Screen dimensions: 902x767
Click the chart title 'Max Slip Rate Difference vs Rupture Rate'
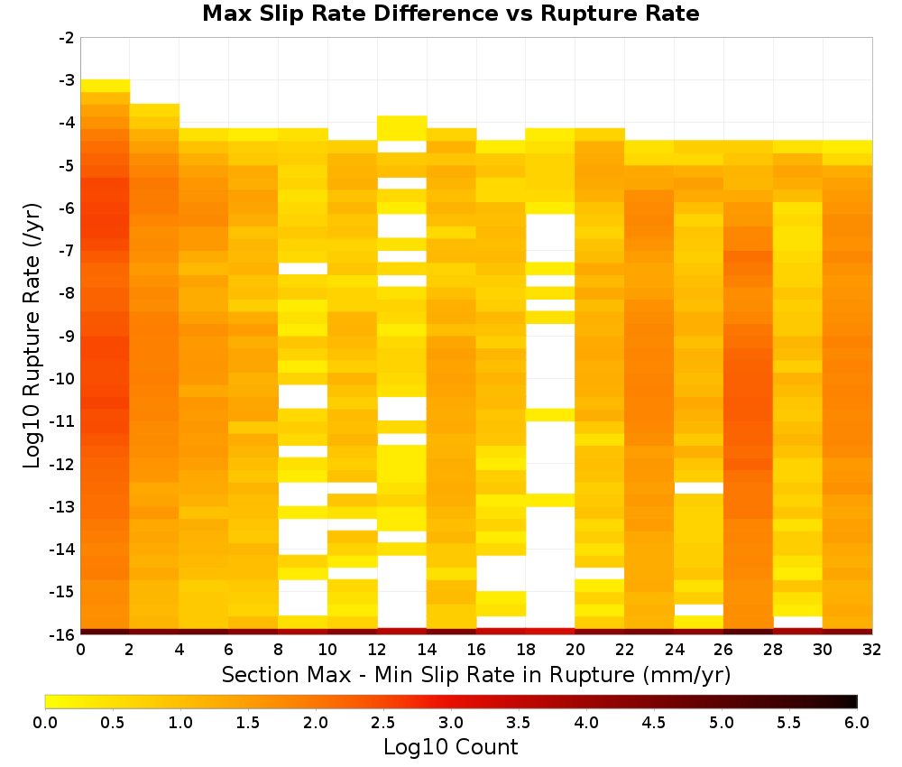tap(450, 14)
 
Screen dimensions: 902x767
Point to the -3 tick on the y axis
tap(67, 80)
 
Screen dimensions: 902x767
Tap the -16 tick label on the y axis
tap(63, 634)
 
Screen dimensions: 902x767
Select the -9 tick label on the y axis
tap(67, 336)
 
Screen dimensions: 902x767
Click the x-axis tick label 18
tap(525, 651)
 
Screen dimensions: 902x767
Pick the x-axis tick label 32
tap(872, 651)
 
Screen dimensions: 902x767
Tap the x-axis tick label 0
tap(80, 651)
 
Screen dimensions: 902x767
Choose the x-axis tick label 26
tap(723, 651)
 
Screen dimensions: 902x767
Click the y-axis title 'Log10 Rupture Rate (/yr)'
tap(32, 336)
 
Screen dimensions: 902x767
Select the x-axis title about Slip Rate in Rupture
tap(476, 675)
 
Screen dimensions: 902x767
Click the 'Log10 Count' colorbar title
tap(450, 747)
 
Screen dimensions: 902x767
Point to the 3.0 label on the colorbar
tap(451, 723)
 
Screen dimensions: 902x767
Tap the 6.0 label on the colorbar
tap(857, 723)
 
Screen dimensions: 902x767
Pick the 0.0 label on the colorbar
tap(45, 723)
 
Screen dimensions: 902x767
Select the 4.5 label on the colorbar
tap(653, 723)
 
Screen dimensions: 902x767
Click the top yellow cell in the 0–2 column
tap(105, 86)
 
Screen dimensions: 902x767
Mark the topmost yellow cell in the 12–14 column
tap(401, 128)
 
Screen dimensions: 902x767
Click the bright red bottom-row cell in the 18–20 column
tap(550, 632)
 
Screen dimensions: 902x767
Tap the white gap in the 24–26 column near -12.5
tap(698, 488)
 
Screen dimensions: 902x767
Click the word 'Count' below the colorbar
tap(486, 747)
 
